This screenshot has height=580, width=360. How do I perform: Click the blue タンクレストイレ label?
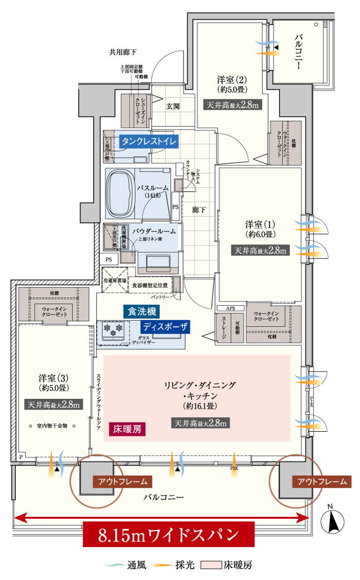click(149, 142)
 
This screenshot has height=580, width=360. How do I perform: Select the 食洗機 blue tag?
click(141, 311)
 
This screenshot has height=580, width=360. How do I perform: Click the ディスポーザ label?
click(166, 326)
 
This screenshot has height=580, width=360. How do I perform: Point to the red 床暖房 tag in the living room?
click(128, 429)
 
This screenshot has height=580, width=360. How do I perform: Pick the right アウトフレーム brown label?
click(322, 482)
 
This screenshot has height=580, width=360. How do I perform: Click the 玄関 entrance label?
click(173, 107)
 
